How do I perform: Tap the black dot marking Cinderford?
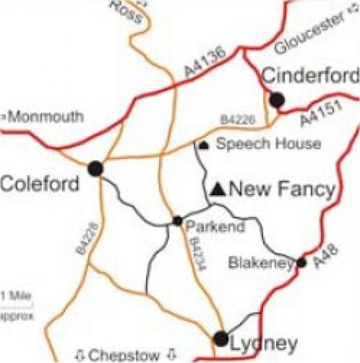point(277,100)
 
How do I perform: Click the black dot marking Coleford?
point(96,168)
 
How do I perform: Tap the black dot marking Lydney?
point(221,339)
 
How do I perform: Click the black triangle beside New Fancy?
point(219,190)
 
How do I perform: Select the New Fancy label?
point(283,189)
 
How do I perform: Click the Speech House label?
point(268,144)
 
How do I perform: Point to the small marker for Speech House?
point(204,145)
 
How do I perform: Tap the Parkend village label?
point(215,227)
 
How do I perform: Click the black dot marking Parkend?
point(177,221)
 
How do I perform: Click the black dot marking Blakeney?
point(302,263)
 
